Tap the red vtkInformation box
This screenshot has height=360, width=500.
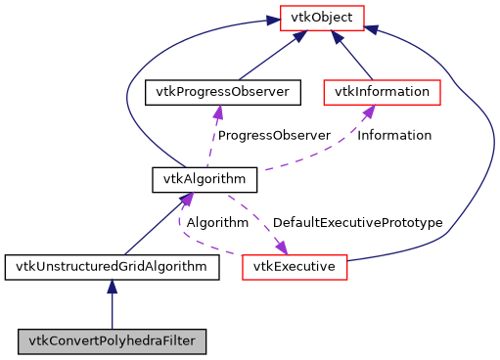(383, 92)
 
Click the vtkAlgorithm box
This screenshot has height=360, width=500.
(205, 179)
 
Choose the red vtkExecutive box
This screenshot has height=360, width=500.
(295, 266)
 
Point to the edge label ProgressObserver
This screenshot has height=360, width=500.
(274, 135)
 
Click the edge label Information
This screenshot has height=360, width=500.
(394, 135)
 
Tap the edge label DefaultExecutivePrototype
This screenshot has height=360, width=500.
(357, 222)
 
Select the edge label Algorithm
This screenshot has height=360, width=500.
(217, 222)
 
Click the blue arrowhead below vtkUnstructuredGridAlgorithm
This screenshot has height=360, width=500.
(112, 287)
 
